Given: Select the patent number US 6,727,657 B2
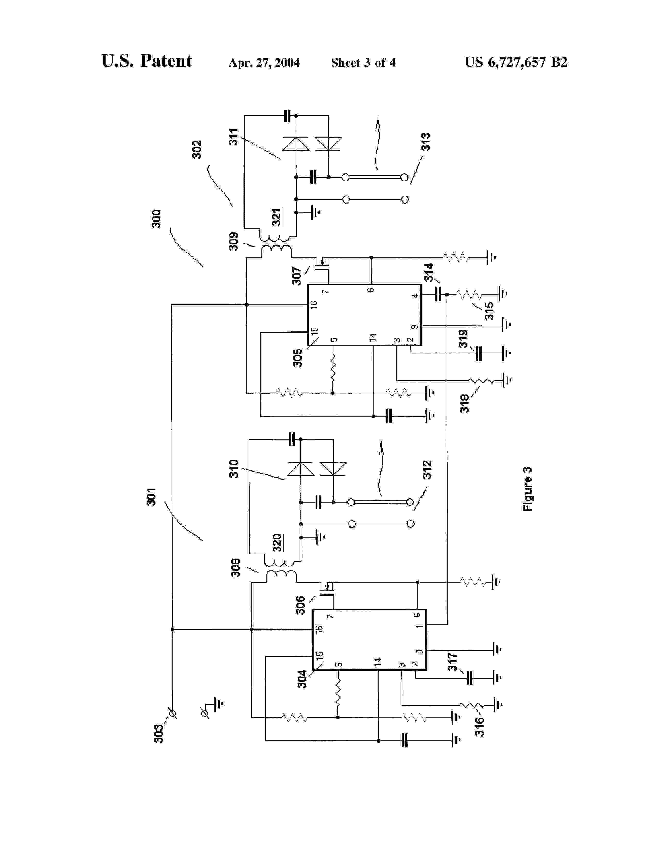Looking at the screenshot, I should (516, 62).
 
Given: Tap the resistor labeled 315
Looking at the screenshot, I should (469, 295).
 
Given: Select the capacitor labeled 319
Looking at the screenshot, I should (478, 354).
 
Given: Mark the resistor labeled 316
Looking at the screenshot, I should (471, 705).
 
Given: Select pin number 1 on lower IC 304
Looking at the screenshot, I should (418, 626).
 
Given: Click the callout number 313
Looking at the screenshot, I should (426, 142).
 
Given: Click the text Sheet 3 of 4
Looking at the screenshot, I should (363, 63).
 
